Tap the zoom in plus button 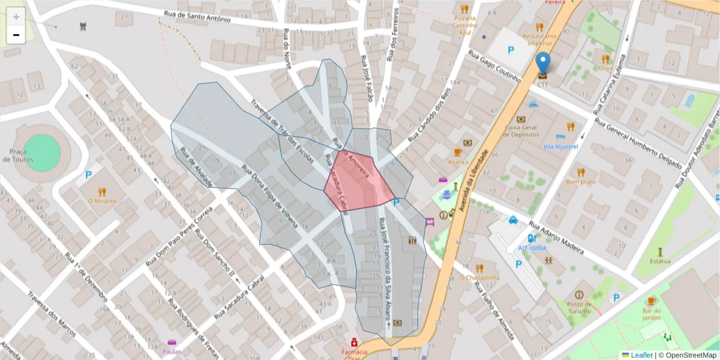pos(16,17)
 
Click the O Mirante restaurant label pos(102,201)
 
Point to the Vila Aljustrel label pos(560,146)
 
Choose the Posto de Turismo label pos(578,308)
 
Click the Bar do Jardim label pos(652,314)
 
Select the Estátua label pos(660,261)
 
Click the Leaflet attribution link pos(641,355)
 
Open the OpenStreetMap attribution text pos(691,355)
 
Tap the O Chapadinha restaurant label pos(479,277)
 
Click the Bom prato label pos(580,181)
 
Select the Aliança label pos(458,162)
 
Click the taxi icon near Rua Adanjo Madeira pos(514,220)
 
